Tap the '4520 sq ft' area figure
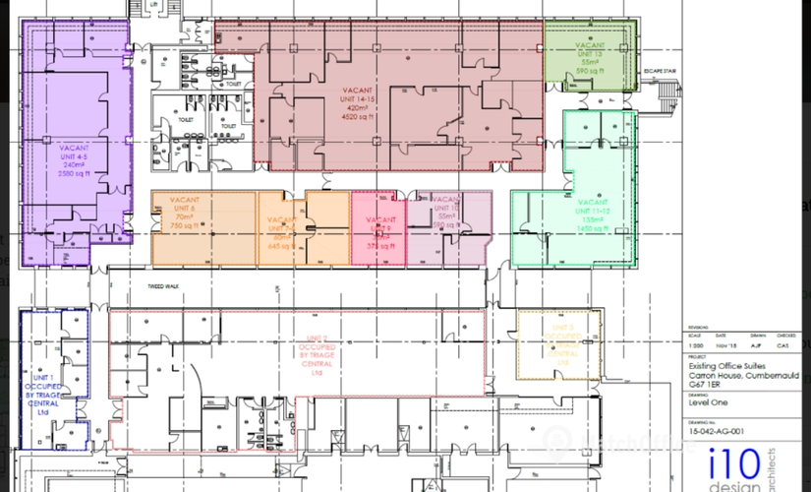point(361,117)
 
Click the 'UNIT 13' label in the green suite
point(591,53)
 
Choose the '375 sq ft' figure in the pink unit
point(379,246)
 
